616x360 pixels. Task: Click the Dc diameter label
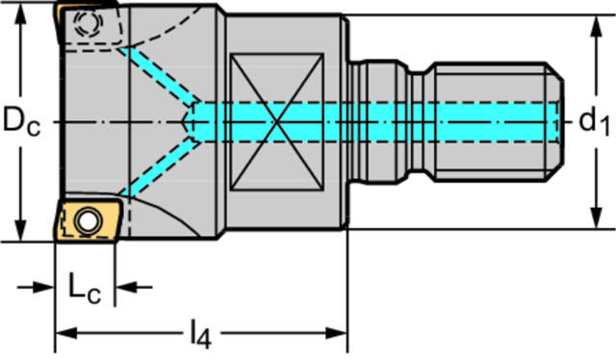click(x=21, y=122)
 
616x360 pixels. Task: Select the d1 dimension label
click(x=595, y=122)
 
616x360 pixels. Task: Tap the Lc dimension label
click(x=85, y=288)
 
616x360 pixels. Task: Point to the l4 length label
click(x=200, y=335)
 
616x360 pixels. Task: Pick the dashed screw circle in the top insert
click(x=87, y=23)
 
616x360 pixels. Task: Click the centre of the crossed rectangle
click(x=277, y=122)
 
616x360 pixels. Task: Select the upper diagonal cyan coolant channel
click(x=159, y=75)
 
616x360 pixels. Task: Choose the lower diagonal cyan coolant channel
click(x=159, y=169)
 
